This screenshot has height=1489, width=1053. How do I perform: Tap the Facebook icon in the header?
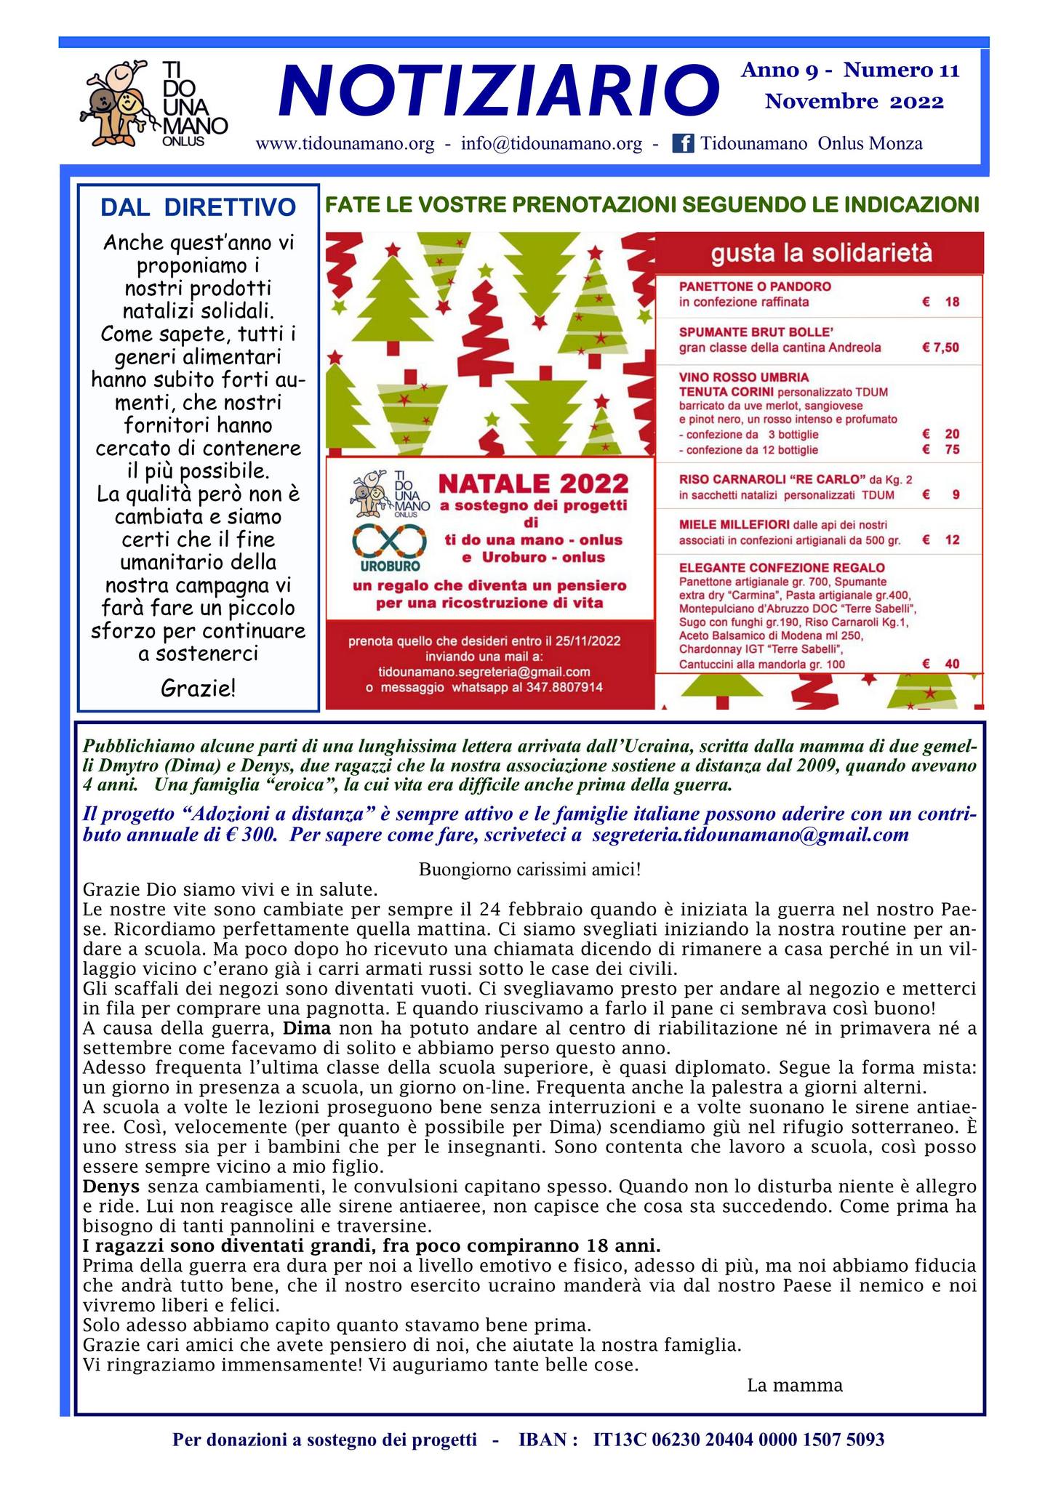coord(682,143)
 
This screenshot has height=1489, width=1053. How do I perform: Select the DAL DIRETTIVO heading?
coord(198,207)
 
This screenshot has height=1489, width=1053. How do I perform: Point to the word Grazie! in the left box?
coord(198,687)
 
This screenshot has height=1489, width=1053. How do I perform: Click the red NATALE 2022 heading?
coord(533,483)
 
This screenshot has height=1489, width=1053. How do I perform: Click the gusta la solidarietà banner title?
coord(820,254)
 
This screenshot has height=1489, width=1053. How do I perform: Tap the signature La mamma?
coord(794,1385)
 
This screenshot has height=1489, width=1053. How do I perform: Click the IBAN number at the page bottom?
coord(739,1440)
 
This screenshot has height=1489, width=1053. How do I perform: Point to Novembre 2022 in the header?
coord(854,102)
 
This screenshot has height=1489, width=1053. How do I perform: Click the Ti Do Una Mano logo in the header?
coord(153,103)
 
